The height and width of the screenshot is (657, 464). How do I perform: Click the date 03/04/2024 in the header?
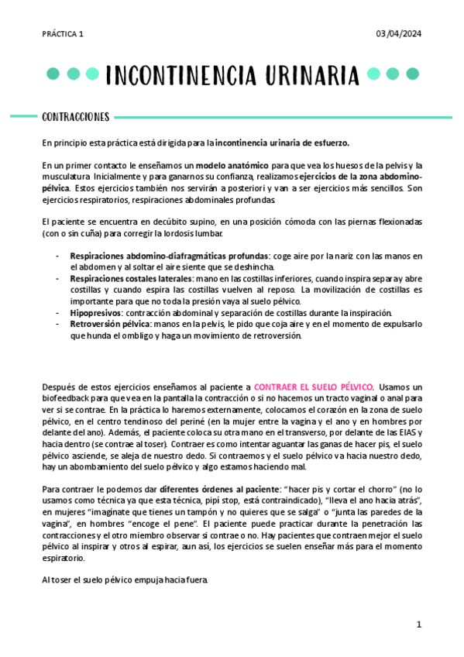click(398, 34)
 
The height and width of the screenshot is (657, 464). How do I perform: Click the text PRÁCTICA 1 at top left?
click(63, 34)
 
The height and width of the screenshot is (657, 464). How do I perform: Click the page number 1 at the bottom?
click(418, 624)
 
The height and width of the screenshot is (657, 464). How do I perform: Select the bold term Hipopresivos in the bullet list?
click(94, 312)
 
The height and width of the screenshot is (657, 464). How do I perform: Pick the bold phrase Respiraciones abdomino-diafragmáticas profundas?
click(169, 256)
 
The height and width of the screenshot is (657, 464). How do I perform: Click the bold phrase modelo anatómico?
click(232, 166)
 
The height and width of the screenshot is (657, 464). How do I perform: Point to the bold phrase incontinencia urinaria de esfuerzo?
click(282, 143)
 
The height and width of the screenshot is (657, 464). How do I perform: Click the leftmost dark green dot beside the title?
click(53, 74)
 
